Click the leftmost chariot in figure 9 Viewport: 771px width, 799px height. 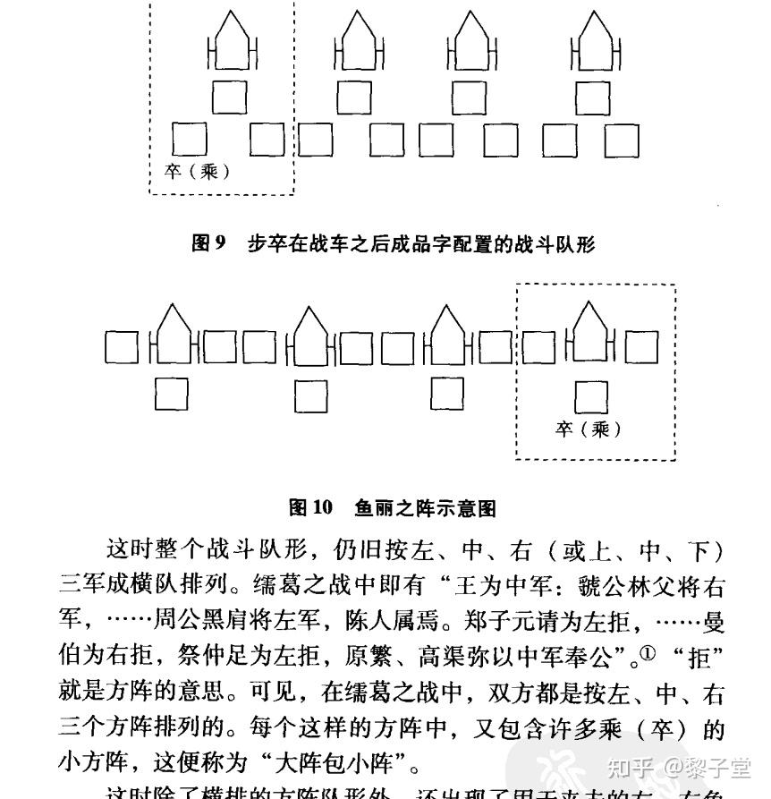pos(232,42)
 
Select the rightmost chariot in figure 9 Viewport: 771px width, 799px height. pos(596,42)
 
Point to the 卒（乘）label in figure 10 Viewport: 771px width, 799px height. pos(588,429)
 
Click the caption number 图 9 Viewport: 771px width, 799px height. pos(209,243)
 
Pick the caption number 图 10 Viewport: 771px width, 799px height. pos(310,508)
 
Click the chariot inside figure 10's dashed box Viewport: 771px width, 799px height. pos(589,336)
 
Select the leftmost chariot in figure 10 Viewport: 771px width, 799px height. pos(173,336)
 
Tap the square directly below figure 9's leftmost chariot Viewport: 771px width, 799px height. pos(229,98)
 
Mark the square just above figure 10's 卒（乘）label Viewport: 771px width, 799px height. pos(589,395)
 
